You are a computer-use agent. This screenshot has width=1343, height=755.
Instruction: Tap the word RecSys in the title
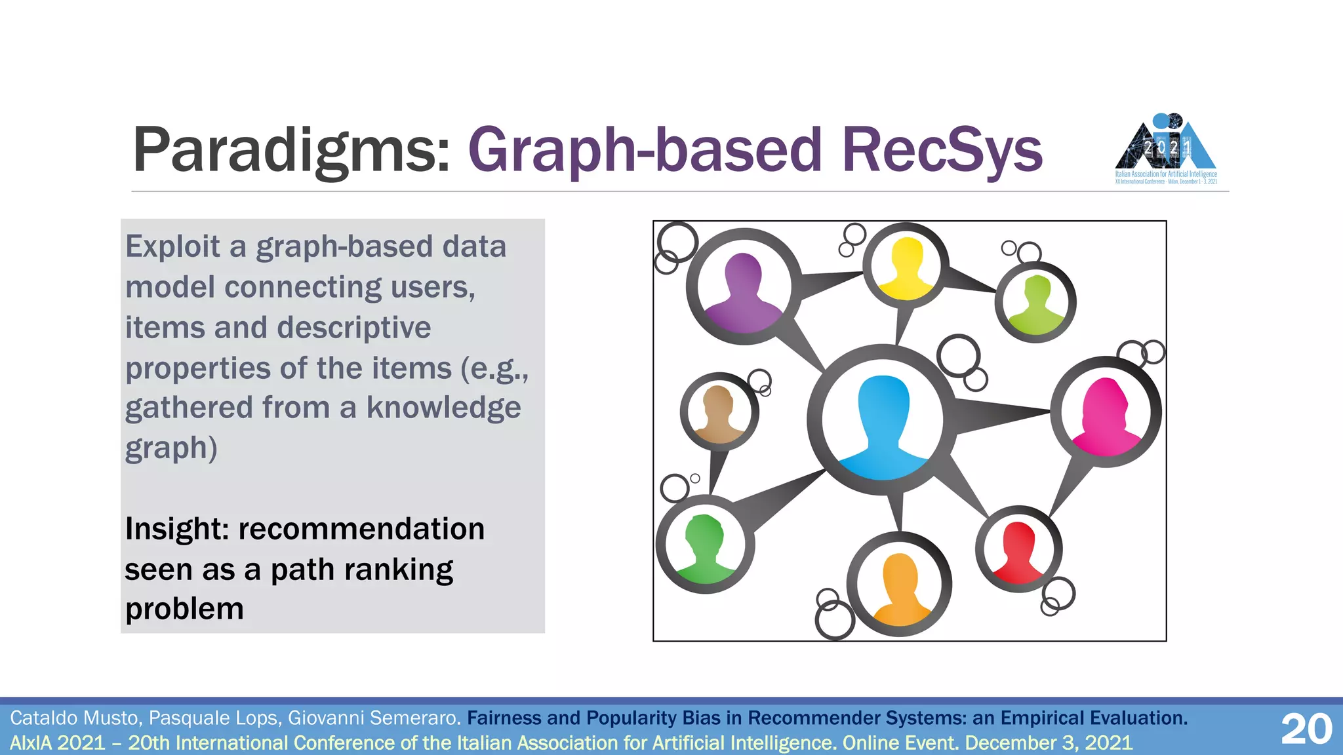(942, 151)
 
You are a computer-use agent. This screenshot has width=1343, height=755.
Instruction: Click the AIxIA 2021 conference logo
(1166, 149)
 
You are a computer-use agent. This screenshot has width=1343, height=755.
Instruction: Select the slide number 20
(1306, 729)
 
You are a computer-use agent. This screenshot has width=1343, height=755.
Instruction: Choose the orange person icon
(899, 588)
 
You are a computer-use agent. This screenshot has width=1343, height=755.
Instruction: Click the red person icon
(1018, 552)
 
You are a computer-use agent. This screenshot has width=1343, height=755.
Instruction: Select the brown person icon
(719, 413)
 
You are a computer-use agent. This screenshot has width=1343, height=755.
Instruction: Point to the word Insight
(176, 530)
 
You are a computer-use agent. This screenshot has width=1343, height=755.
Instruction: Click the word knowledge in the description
(443, 408)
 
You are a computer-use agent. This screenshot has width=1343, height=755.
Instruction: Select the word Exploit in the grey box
(172, 247)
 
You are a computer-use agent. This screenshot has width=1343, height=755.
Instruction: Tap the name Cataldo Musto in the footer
(75, 718)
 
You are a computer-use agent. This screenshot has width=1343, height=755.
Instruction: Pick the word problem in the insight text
(184, 610)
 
